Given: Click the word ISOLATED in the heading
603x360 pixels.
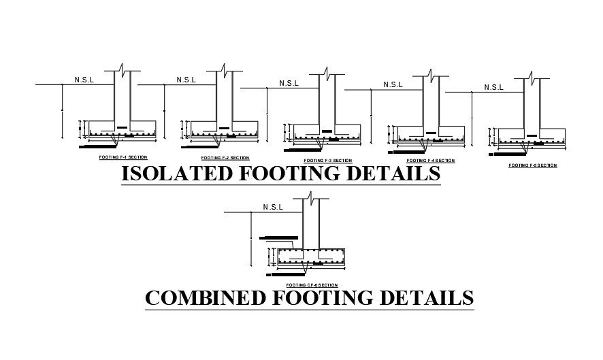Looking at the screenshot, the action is (176, 174).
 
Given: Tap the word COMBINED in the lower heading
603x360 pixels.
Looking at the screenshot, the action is (204, 298).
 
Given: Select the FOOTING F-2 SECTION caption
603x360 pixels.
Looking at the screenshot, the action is (220, 158).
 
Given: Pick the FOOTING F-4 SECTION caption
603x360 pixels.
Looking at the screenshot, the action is (430, 161).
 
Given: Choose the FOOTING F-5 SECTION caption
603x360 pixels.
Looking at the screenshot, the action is (532, 165).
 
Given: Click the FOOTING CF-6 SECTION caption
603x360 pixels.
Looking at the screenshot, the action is (312, 284).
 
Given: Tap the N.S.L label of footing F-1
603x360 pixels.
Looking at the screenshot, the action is (84, 80).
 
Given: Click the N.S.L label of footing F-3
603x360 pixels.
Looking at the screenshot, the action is (289, 83).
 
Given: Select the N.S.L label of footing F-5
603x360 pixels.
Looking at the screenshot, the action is (493, 87).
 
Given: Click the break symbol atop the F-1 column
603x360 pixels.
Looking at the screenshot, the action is (121, 69).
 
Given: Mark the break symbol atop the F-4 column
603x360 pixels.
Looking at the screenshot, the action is (429, 73).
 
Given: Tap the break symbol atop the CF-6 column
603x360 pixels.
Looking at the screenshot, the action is (310, 196).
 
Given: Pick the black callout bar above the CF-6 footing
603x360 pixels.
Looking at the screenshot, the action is (276, 238).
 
